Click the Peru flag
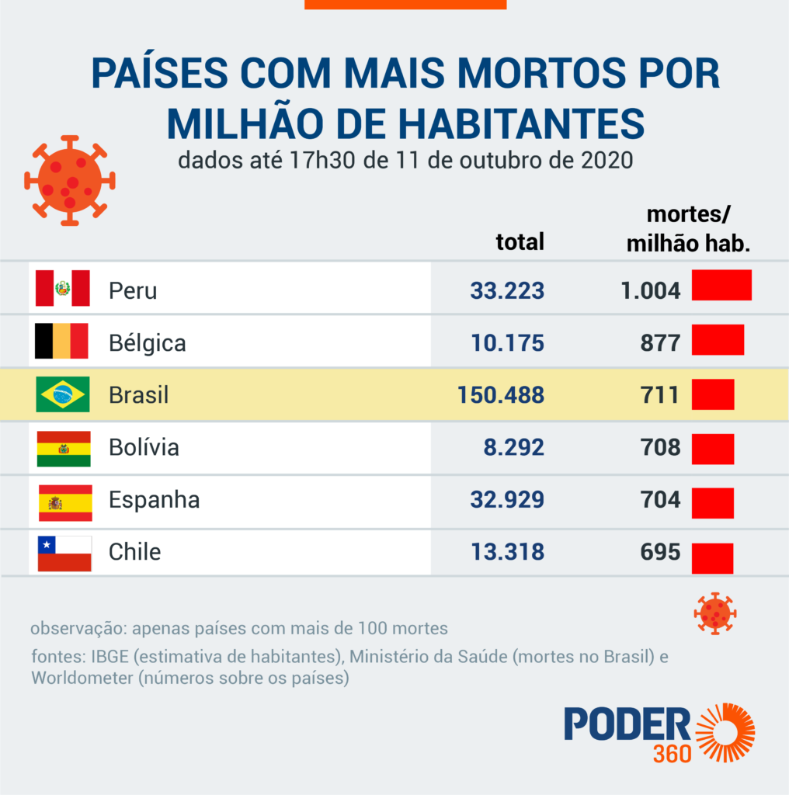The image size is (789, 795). pos(63,289)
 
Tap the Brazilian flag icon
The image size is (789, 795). pos(63,394)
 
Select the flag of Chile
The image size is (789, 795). pos(64,554)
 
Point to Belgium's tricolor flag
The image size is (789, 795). pos(61,342)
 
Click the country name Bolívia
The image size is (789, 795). pos(144,447)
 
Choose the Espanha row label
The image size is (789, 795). pos(154,500)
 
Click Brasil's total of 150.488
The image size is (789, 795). pos(501,394)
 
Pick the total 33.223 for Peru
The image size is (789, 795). pos(507,290)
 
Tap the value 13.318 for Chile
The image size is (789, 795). pos(507,552)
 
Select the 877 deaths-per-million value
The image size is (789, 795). pos(661,343)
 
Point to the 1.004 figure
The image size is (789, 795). pos(651,290)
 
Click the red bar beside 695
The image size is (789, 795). pos(712,558)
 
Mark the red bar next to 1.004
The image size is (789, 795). pos(721,285)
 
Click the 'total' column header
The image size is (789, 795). pos(520,241)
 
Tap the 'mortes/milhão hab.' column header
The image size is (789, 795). pos(688,229)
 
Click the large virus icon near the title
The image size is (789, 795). pos(69,181)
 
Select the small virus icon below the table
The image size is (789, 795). pos(714,613)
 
